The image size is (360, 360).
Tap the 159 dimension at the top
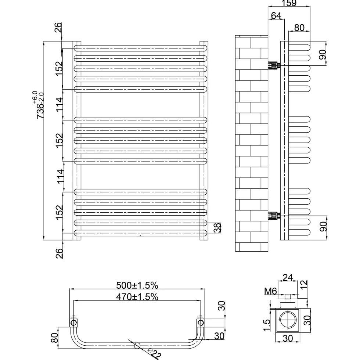(x=289, y=3)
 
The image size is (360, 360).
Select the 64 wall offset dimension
(x=276, y=15)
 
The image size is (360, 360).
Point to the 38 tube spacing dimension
(x=217, y=228)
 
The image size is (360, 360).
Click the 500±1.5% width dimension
(x=137, y=285)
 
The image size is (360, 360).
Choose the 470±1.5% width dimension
(x=137, y=297)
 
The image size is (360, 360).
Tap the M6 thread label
(x=270, y=291)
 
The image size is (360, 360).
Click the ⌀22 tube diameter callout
(x=154, y=353)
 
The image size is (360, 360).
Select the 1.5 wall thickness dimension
(x=267, y=325)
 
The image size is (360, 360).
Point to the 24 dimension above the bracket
(x=287, y=278)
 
